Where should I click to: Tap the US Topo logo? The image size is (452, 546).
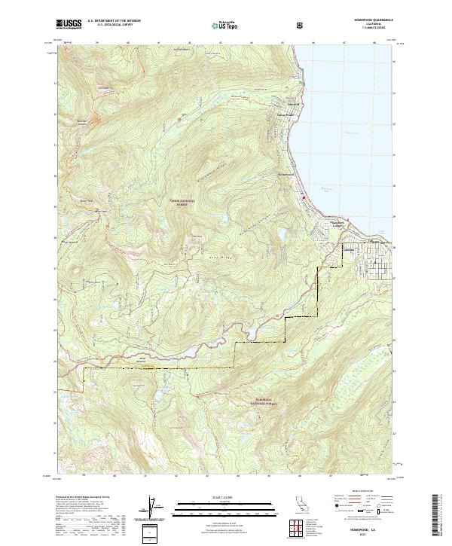(224, 25)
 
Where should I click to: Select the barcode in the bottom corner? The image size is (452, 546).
(439, 517)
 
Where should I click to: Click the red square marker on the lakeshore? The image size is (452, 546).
(304, 198)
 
